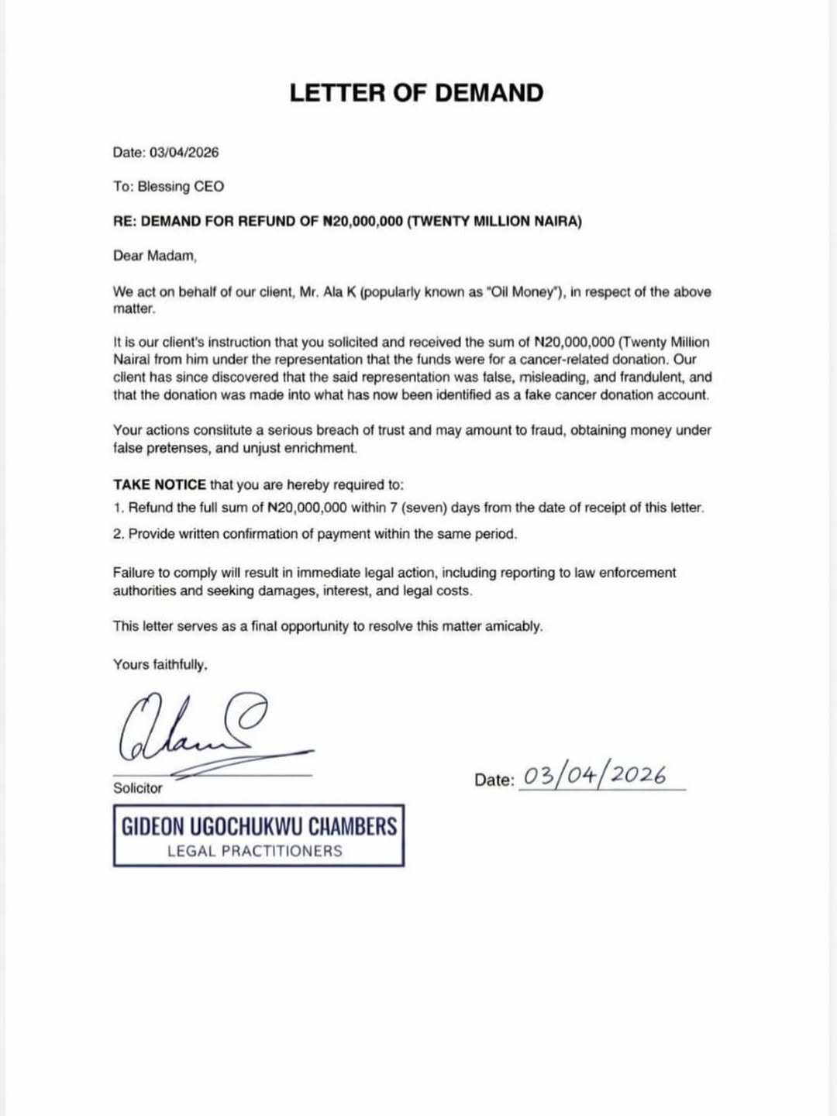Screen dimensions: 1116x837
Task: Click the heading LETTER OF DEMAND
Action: [416, 93]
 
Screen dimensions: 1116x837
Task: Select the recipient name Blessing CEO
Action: [181, 187]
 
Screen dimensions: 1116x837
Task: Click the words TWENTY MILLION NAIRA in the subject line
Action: [494, 222]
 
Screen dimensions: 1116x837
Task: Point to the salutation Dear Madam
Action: [155, 256]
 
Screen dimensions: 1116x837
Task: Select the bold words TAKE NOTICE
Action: [159, 485]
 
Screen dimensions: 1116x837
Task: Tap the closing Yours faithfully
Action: [160, 665]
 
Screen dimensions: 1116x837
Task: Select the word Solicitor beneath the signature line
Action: [138, 788]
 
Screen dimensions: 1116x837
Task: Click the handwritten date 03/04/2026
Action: [595, 776]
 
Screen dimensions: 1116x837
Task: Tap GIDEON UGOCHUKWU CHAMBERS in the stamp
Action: [259, 826]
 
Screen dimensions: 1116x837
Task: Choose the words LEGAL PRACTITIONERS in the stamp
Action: [254, 851]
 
